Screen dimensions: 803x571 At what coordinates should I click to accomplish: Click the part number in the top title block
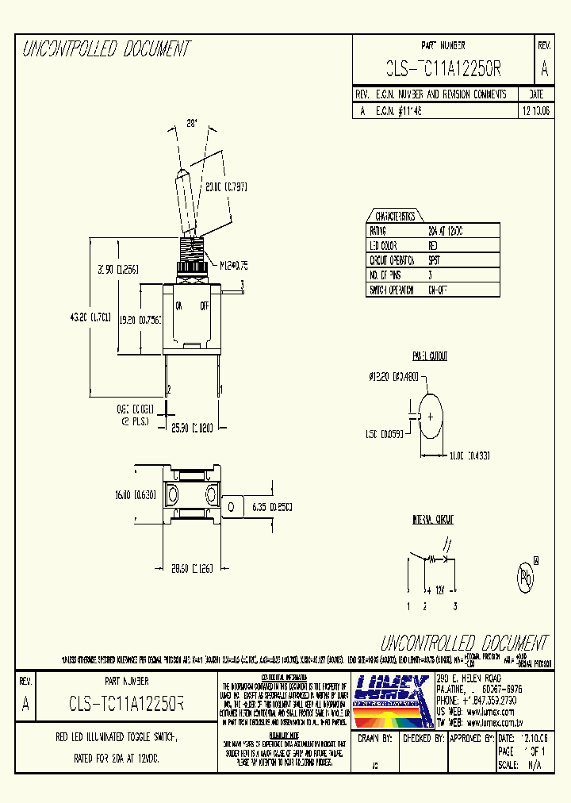[x=443, y=69]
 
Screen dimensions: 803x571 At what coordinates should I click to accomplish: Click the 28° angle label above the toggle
[x=190, y=124]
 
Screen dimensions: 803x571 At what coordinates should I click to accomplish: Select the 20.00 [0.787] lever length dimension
[x=226, y=187]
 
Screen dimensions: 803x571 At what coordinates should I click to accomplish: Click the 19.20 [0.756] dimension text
[x=140, y=320]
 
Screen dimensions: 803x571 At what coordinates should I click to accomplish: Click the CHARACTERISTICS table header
[x=394, y=216]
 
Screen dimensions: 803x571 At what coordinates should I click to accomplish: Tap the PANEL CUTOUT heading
[x=429, y=357]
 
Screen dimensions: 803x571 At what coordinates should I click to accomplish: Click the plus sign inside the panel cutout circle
[x=431, y=416]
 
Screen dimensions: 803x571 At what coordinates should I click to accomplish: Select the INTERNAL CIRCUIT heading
[x=432, y=520]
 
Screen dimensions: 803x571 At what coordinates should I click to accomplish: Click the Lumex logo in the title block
[x=391, y=700]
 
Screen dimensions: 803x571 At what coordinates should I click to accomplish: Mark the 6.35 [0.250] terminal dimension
[x=270, y=506]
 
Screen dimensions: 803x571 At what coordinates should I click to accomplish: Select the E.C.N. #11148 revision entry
[x=399, y=112]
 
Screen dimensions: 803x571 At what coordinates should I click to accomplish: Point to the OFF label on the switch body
[x=205, y=305]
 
